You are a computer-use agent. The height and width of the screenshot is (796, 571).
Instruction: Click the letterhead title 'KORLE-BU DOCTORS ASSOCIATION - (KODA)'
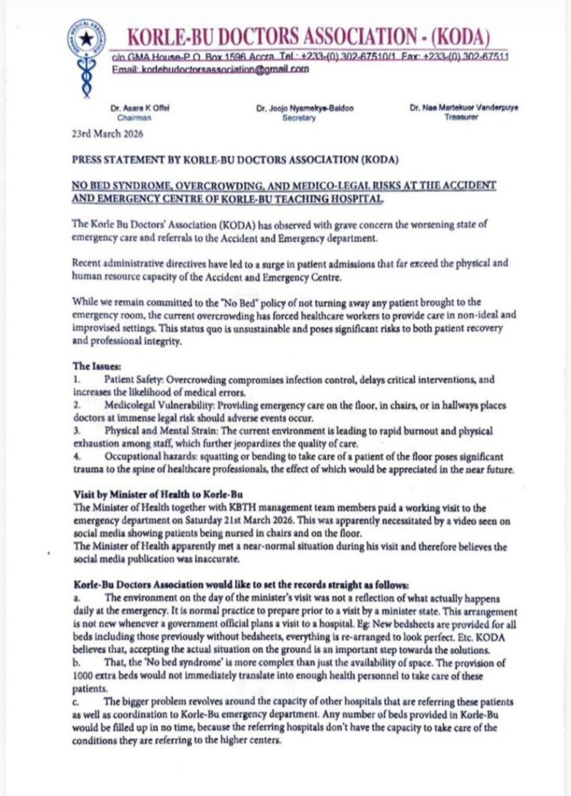tap(308, 36)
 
